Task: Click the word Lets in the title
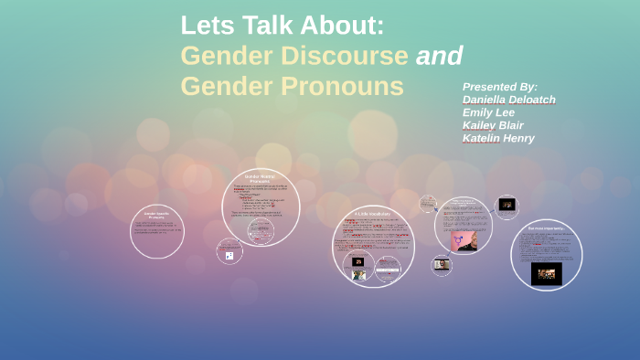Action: (x=207, y=25)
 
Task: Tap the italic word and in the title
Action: (x=440, y=56)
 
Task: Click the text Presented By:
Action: (x=500, y=87)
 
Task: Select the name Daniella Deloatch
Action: (x=509, y=100)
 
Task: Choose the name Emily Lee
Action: (x=488, y=112)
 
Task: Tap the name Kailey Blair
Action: (x=493, y=125)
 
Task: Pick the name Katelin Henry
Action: (x=498, y=138)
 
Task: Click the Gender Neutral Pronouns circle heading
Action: (x=261, y=176)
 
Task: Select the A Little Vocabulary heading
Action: (x=372, y=214)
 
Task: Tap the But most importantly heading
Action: (x=546, y=228)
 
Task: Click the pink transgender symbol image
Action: (x=464, y=239)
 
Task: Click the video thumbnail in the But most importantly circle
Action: (x=546, y=273)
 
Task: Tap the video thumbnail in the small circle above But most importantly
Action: (x=507, y=205)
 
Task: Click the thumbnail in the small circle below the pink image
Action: (x=443, y=265)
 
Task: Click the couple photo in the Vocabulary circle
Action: (x=359, y=274)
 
